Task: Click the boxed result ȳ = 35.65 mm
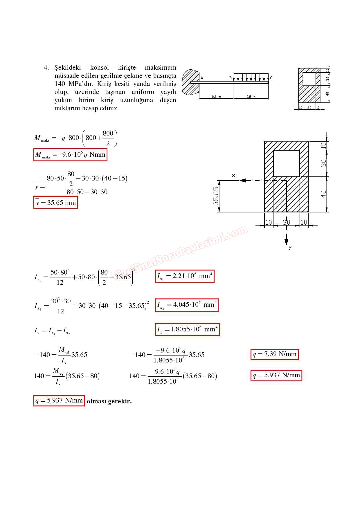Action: point(55,203)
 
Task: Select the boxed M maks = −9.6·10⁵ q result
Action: point(70,155)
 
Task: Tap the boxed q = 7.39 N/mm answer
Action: point(274,354)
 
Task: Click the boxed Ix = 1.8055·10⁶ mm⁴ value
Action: point(187,329)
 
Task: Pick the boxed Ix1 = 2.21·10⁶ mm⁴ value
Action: point(185,276)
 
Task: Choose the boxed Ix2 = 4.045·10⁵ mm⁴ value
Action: point(187,305)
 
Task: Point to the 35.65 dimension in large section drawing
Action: point(216,196)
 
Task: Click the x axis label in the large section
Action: point(233,176)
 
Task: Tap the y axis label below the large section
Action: point(290,247)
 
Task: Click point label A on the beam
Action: point(202,78)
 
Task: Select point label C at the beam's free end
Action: point(271,78)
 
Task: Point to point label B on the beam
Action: point(231,78)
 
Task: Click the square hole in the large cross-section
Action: point(286,163)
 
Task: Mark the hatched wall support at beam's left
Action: point(190,82)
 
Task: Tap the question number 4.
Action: point(46,68)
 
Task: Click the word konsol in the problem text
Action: point(99,68)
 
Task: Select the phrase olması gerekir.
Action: point(109,401)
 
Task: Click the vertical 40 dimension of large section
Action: point(323,194)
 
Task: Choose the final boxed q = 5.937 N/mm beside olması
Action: point(59,401)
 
